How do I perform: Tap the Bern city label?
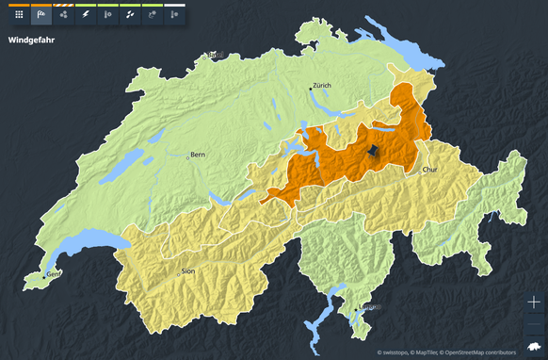[x=198, y=154]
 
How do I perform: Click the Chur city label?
[x=430, y=170]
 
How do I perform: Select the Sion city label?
[x=188, y=270]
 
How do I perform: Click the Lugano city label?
[x=370, y=307]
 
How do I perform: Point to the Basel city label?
[x=218, y=55]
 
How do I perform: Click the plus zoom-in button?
[x=534, y=303]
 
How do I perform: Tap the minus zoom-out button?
[x=534, y=323]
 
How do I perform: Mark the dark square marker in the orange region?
[x=373, y=151]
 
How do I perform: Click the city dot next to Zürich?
[x=308, y=88]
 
